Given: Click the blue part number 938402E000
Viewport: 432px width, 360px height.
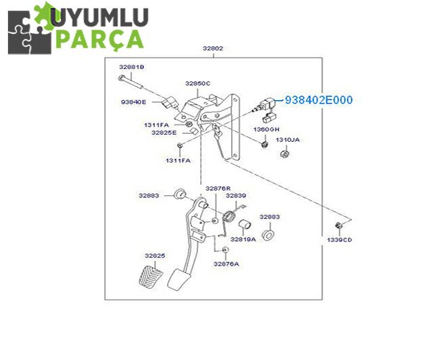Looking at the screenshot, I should (x=319, y=100).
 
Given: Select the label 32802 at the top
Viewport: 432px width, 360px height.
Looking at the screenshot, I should (x=212, y=49).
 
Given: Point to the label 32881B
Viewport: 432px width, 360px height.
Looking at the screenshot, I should (x=132, y=66).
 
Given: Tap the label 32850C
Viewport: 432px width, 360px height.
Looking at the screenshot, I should (x=197, y=84).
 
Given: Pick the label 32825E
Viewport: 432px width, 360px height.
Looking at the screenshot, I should (x=163, y=132).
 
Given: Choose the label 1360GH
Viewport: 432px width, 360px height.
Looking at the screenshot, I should (x=265, y=129).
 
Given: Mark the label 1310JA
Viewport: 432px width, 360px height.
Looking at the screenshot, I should (x=288, y=140).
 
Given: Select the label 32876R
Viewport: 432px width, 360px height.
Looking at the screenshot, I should (x=217, y=189).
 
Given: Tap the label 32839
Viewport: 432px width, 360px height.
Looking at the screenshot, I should (x=235, y=196).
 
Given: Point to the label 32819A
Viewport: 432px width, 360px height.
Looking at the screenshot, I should (x=243, y=239).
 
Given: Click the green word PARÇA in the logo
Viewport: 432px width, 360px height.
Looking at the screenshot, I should (x=101, y=37).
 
